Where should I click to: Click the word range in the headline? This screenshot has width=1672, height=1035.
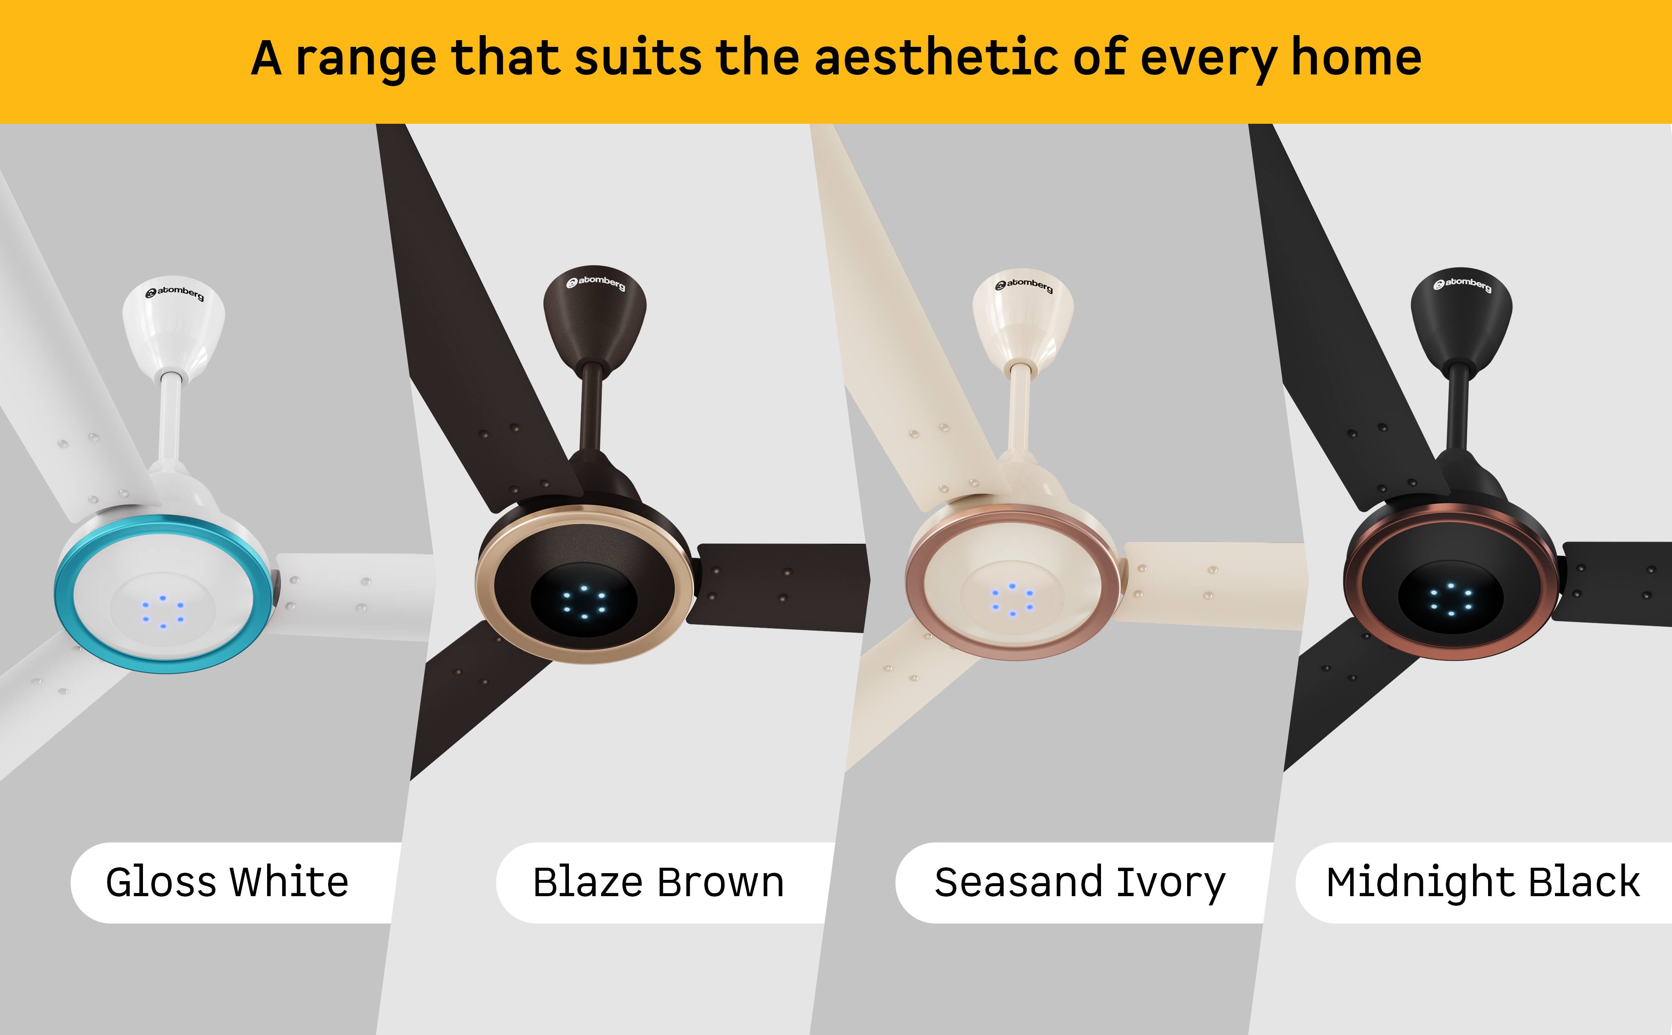tap(366, 60)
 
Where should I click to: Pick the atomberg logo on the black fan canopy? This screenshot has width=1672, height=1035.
tap(1463, 284)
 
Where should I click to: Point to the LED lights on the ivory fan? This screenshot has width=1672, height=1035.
tap(1012, 600)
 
